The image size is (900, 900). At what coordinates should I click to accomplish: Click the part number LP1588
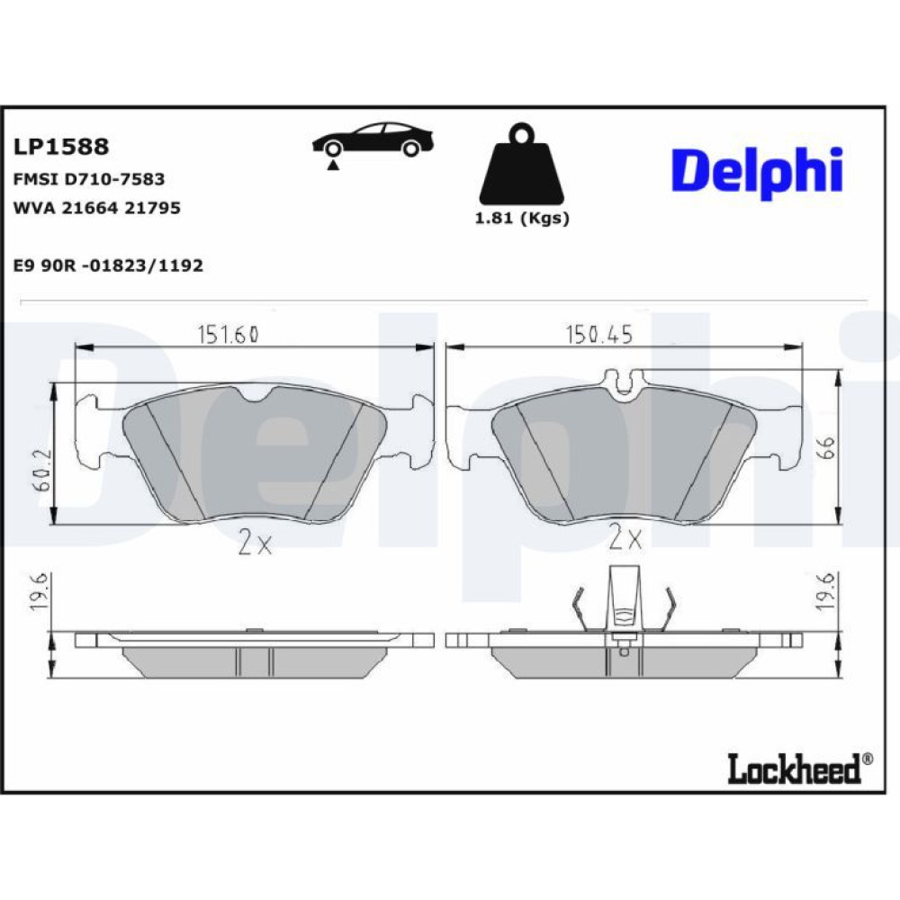pyautogui.click(x=61, y=147)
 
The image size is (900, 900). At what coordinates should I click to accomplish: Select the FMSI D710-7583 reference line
pyautogui.click(x=89, y=179)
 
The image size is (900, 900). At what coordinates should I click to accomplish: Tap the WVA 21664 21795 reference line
pyautogui.click(x=97, y=208)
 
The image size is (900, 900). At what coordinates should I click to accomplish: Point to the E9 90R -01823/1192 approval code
pyautogui.click(x=108, y=265)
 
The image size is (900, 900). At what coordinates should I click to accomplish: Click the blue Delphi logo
pyautogui.click(x=757, y=173)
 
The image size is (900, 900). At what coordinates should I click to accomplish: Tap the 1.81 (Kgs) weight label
pyautogui.click(x=522, y=218)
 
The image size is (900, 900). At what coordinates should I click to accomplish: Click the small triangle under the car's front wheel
pyautogui.click(x=333, y=166)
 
